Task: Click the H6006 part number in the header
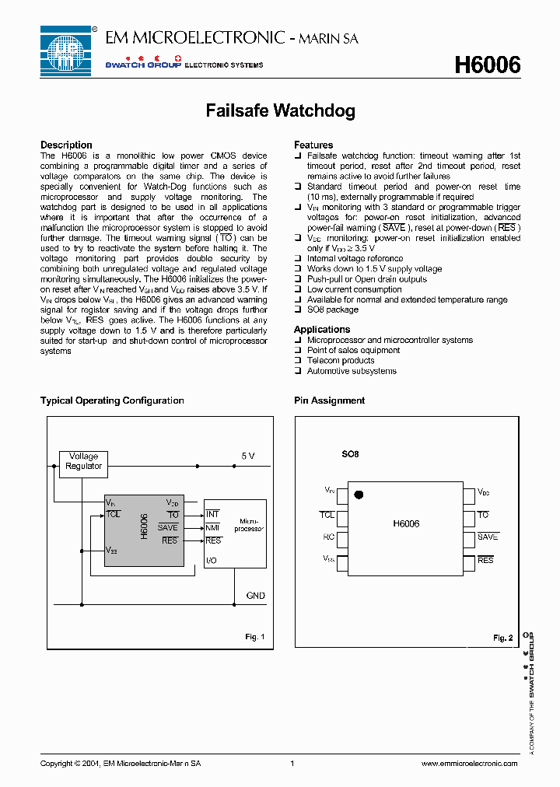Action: point(487,66)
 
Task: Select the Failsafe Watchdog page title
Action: point(280,110)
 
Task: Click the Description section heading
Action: point(66,145)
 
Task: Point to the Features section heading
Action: point(313,145)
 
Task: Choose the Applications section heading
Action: point(322,330)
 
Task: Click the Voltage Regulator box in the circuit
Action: point(83,461)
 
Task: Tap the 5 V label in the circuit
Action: point(247,456)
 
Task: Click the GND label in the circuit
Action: point(255,596)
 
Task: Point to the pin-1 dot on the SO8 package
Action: point(359,494)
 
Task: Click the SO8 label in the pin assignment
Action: point(351,453)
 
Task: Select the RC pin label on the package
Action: point(329,537)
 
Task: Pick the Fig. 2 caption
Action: point(502,638)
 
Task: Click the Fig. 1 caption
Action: point(255,637)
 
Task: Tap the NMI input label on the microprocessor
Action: point(212,527)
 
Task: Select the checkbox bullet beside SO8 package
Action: point(298,310)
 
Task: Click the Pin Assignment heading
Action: point(329,400)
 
